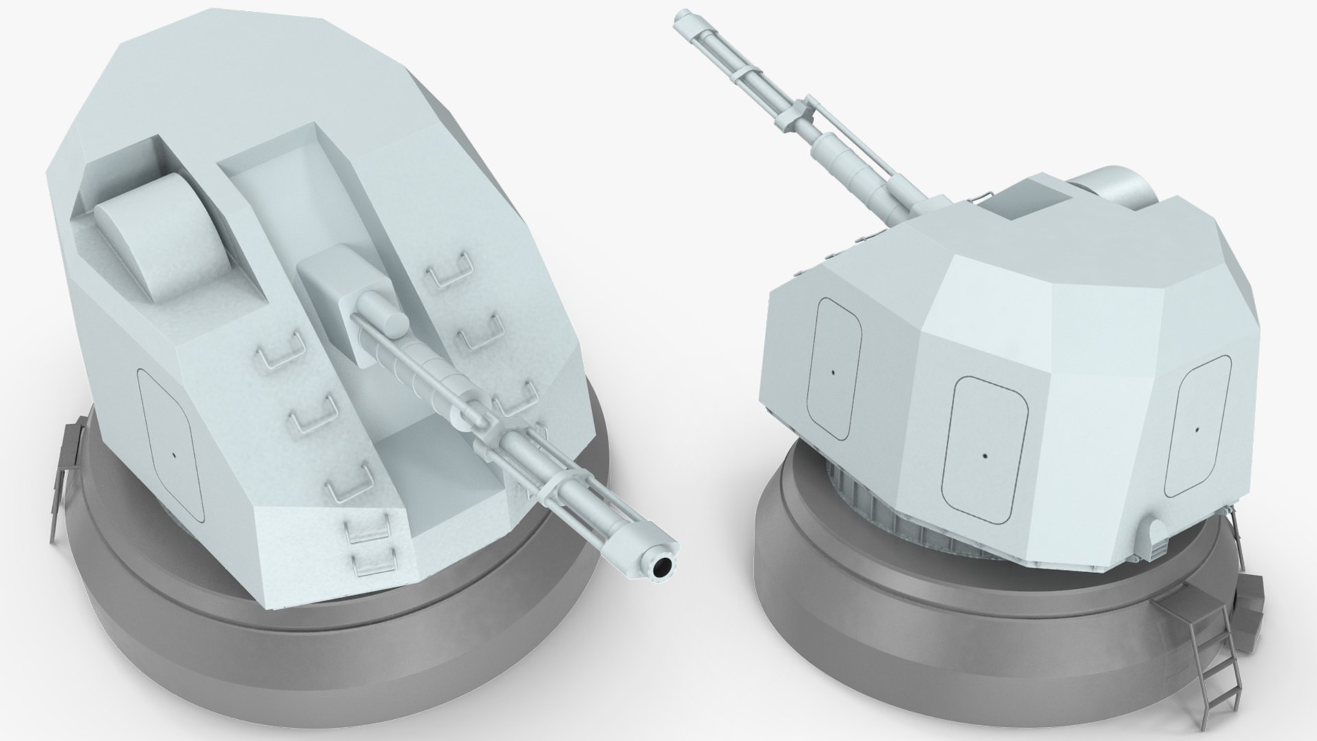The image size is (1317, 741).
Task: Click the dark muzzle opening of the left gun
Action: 662,548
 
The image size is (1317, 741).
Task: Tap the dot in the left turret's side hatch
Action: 174,454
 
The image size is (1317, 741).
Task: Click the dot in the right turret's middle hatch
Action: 985,456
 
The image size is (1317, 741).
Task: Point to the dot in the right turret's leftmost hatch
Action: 833,373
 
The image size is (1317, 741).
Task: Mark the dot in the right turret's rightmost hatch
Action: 1197,430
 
